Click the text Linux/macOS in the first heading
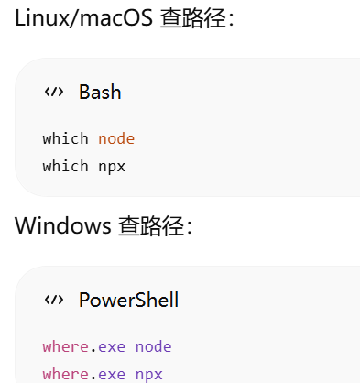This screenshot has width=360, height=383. [x=83, y=18]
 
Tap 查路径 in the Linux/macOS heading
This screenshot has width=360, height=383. [x=193, y=18]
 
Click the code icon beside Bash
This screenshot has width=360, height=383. [x=54, y=92]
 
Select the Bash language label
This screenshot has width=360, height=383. [x=100, y=92]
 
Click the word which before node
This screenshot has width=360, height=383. [x=65, y=138]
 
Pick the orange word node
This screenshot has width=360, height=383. [x=116, y=139]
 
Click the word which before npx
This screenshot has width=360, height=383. [x=65, y=166]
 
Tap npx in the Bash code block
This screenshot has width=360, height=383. [x=112, y=168]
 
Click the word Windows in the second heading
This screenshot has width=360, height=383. [x=63, y=225]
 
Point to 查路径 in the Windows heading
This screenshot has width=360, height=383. [x=151, y=226]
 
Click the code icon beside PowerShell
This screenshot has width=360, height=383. [x=54, y=300]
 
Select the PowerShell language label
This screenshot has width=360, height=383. [x=129, y=300]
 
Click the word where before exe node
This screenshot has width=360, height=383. [x=65, y=346]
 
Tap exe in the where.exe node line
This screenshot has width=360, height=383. [x=112, y=347]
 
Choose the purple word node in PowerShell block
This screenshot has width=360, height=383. [x=153, y=347]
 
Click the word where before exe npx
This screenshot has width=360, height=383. [x=65, y=374]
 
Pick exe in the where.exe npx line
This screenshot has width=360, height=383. [x=112, y=375]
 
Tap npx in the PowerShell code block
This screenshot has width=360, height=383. [x=149, y=376]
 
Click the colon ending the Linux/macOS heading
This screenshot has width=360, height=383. [x=231, y=20]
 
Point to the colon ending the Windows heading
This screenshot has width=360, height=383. [x=189, y=227]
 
